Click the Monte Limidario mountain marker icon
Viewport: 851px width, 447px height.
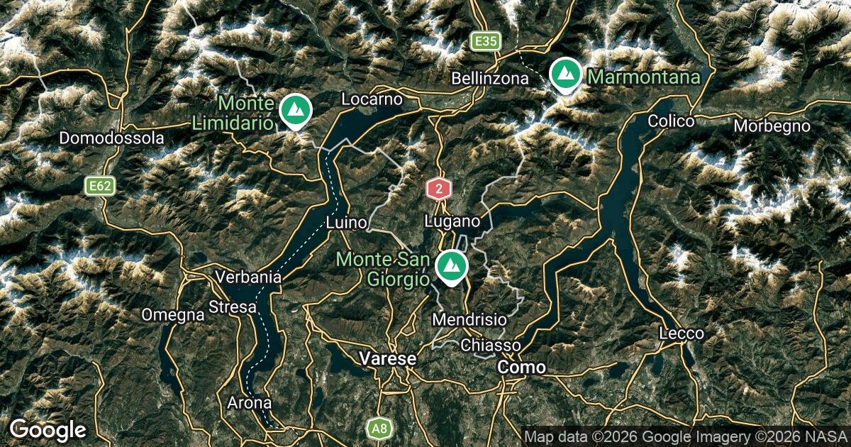pyautogui.click(x=295, y=110)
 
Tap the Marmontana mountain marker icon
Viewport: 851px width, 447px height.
pyautogui.click(x=566, y=74)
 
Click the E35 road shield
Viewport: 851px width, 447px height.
pyautogui.click(x=486, y=42)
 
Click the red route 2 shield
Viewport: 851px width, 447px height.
pyautogui.click(x=439, y=189)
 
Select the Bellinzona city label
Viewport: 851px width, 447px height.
pyautogui.click(x=489, y=78)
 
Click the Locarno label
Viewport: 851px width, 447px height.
pyautogui.click(x=372, y=99)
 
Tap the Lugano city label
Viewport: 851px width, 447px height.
pyautogui.click(x=452, y=222)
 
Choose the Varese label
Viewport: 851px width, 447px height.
pyautogui.click(x=387, y=359)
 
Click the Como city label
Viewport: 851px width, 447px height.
pyautogui.click(x=522, y=368)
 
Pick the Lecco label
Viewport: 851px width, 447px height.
pyautogui.click(x=681, y=333)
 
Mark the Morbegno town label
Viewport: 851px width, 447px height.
pyautogui.click(x=772, y=126)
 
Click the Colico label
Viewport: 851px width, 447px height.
pyautogui.click(x=670, y=121)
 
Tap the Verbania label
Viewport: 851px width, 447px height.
pyautogui.click(x=249, y=277)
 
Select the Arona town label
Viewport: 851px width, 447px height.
pyautogui.click(x=249, y=403)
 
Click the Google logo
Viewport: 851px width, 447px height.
pyautogui.click(x=48, y=430)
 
